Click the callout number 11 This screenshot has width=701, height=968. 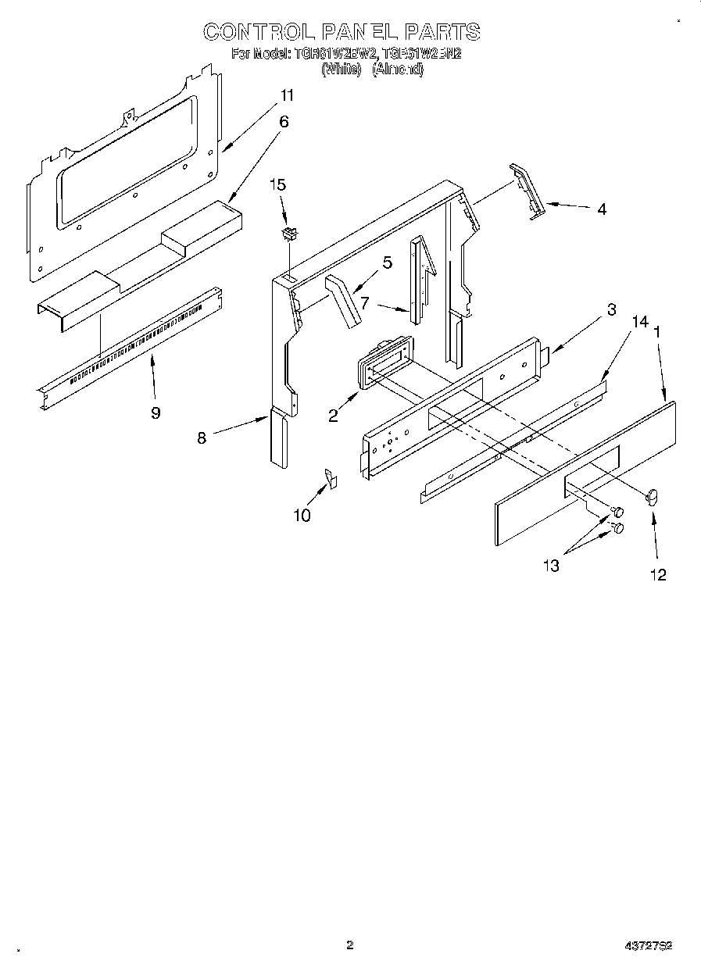click(288, 95)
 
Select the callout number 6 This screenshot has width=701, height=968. click(284, 121)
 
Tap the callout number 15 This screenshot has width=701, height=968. click(277, 185)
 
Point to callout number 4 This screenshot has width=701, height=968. click(601, 209)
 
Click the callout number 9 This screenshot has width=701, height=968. click(156, 413)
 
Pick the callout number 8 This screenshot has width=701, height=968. click(202, 438)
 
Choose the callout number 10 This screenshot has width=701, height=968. click(302, 515)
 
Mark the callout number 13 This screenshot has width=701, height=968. click(552, 566)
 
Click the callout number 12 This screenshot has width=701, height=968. click(658, 574)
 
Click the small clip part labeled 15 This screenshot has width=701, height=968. click(290, 233)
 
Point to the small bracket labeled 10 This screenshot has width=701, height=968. click(331, 477)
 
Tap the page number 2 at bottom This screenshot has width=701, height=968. click(350, 945)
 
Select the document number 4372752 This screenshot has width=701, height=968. click(649, 945)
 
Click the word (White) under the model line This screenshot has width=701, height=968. click(342, 69)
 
